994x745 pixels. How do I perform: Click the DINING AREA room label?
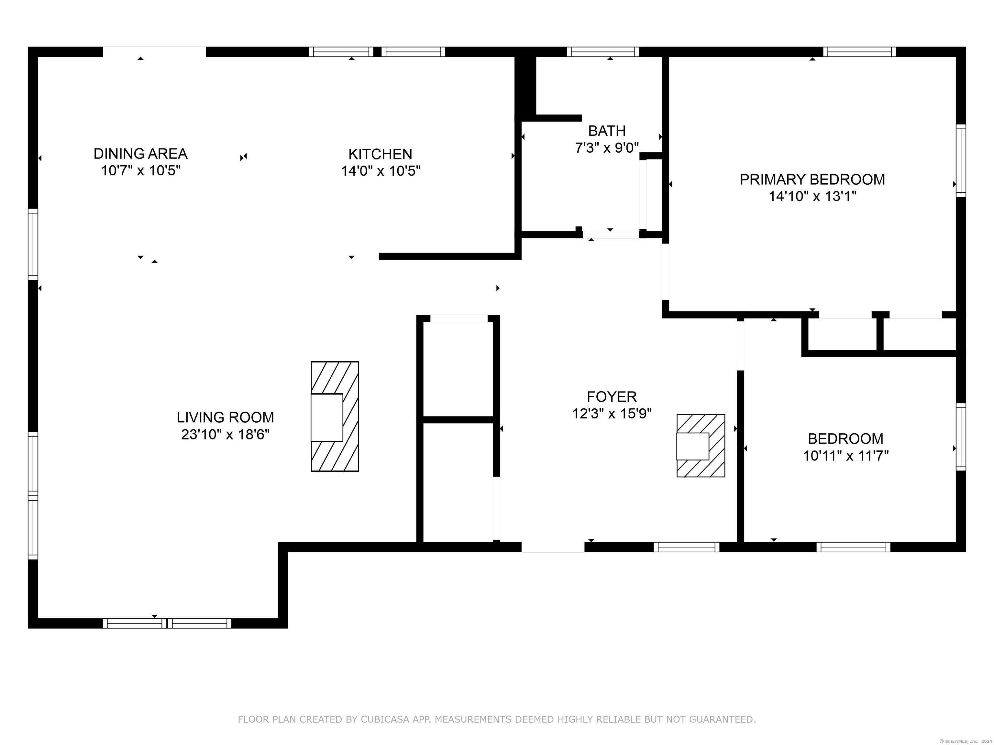(x=140, y=154)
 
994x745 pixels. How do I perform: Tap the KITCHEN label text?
(x=380, y=154)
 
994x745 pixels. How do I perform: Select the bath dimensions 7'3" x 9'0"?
(x=607, y=148)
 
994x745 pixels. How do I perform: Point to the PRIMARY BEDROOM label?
(x=812, y=179)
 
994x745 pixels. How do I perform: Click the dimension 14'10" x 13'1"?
(x=812, y=196)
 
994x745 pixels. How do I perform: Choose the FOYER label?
(x=612, y=396)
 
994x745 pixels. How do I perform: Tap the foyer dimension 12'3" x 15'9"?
(x=612, y=414)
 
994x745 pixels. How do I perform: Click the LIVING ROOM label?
(x=225, y=417)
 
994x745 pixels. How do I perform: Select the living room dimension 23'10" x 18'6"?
(x=225, y=434)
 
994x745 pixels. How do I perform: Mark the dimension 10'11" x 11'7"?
(x=846, y=456)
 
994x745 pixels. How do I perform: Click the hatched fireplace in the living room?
(x=335, y=416)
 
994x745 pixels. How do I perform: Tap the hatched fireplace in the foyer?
(x=701, y=446)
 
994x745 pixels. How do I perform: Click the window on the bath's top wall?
(x=602, y=52)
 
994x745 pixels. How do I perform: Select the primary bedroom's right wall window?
(x=961, y=160)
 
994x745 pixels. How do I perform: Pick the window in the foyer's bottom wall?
(x=686, y=547)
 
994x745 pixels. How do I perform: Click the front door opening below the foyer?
(x=553, y=547)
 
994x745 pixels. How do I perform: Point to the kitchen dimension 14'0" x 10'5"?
(x=381, y=171)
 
